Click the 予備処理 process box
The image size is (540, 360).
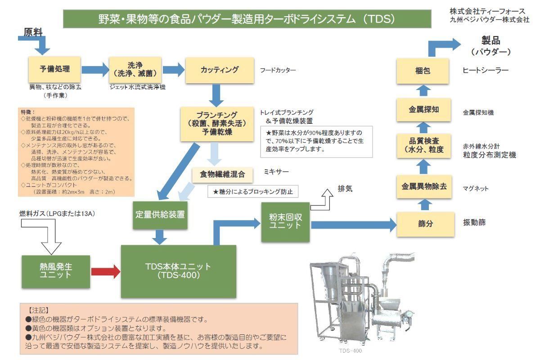[54, 69]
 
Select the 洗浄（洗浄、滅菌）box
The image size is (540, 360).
[135, 69]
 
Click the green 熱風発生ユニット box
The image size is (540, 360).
[56, 271]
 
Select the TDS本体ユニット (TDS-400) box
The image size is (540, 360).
[178, 271]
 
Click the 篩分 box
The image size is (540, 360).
[425, 223]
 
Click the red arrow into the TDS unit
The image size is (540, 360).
[106, 271]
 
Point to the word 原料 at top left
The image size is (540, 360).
[33, 32]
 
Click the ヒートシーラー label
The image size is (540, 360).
[485, 71]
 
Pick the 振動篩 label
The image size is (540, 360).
[474, 222]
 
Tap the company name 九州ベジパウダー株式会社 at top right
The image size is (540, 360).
[489, 19]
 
